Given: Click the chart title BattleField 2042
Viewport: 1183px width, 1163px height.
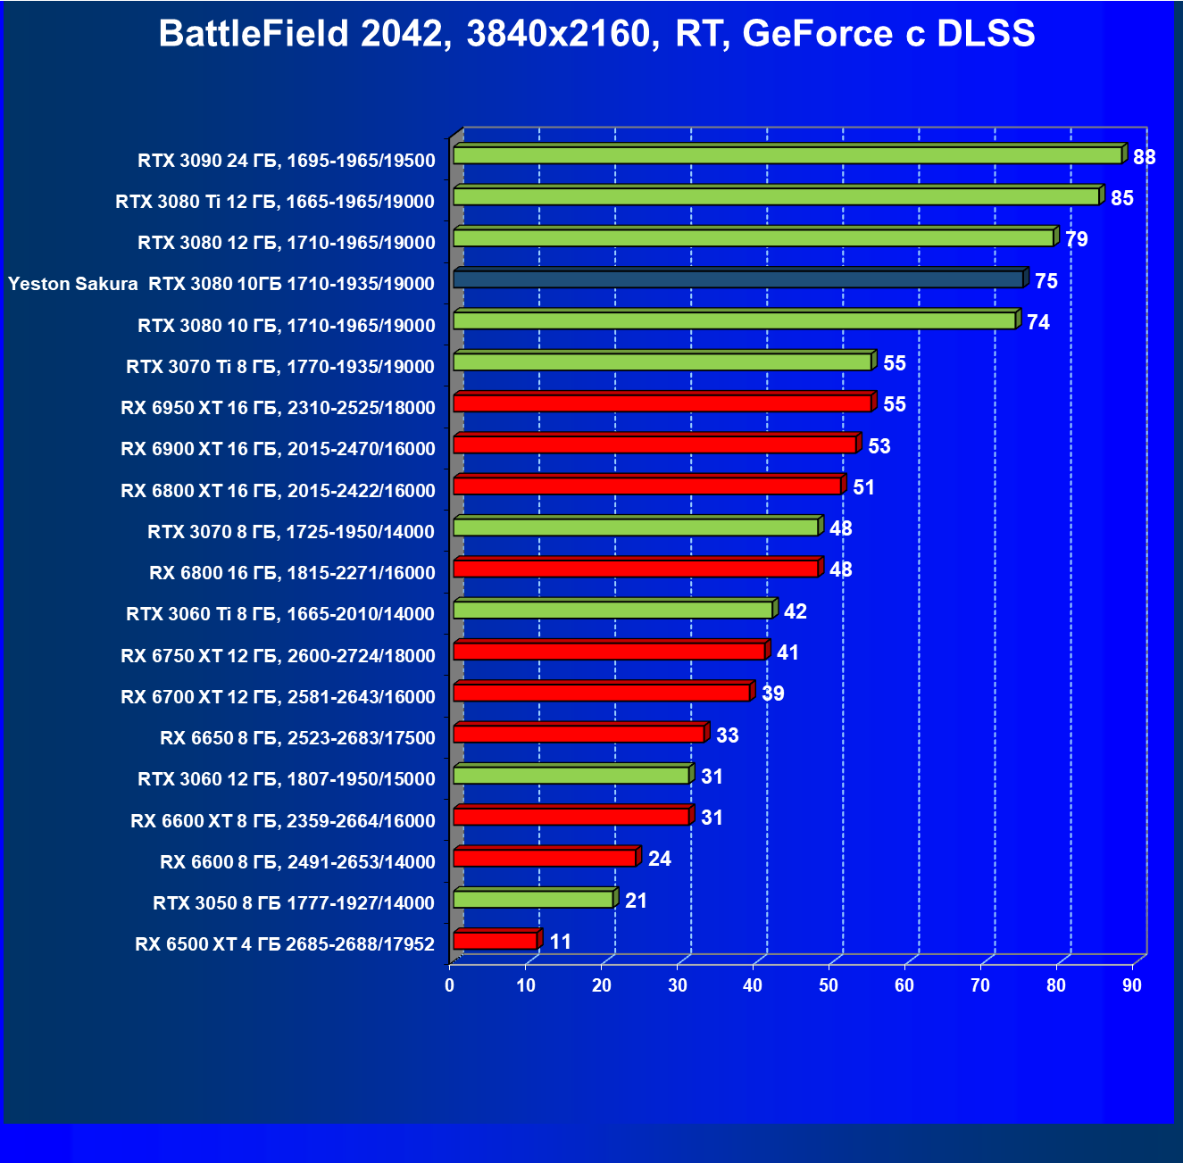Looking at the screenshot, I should [x=596, y=34].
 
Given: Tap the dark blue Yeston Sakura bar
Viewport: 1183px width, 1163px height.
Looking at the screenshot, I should [x=738, y=279].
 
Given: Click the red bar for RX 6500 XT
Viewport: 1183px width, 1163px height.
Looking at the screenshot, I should [x=496, y=941].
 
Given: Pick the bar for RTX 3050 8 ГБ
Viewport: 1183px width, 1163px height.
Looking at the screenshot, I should [x=534, y=899].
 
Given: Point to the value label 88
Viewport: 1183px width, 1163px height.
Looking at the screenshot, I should [x=1144, y=157].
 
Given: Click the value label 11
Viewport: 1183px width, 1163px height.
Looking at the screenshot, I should [x=560, y=942].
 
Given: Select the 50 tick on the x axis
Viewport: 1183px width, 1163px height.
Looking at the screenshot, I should [x=829, y=985].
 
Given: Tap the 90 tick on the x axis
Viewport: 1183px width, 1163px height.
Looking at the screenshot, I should [x=1132, y=985].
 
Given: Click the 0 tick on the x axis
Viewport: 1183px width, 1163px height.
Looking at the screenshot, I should [x=450, y=985].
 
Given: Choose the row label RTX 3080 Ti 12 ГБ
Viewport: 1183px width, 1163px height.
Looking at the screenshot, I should [x=275, y=202].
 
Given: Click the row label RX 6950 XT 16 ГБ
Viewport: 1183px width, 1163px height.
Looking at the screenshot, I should [x=278, y=408].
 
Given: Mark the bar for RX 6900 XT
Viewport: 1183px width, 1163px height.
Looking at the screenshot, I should [x=655, y=444].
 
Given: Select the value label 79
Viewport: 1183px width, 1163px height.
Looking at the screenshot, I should [x=1076, y=239].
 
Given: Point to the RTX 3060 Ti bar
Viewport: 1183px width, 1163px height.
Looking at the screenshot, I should [x=613, y=610].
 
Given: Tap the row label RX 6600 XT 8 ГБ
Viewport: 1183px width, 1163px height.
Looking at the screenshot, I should [x=282, y=821].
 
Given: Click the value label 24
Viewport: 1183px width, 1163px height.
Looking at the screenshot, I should [x=659, y=859].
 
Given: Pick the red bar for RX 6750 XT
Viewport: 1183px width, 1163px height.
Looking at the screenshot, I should [x=610, y=651].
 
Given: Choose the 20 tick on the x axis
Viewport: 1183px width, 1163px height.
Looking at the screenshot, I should [x=602, y=985].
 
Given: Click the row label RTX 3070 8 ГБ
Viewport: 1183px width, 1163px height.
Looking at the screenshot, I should [x=291, y=532].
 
